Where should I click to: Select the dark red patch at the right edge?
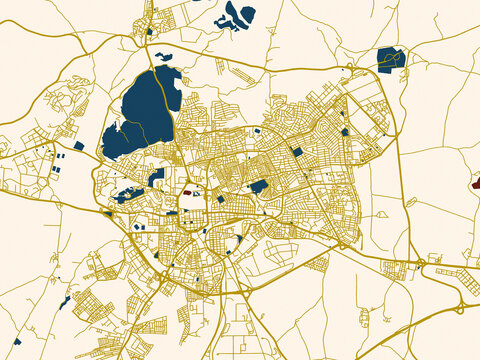click(x=475, y=183)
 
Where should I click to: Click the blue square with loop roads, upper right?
click(x=390, y=58)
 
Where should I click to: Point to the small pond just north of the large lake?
click(x=163, y=57)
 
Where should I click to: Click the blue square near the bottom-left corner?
click(x=17, y=341)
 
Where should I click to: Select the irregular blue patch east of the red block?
click(x=258, y=186)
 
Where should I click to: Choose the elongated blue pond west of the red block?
click(x=130, y=194)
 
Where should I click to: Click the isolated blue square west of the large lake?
click(x=79, y=145)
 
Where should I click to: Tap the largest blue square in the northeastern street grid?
click(x=296, y=151)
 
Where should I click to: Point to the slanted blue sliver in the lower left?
click(x=64, y=302)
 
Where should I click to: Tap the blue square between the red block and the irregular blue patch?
click(x=220, y=199)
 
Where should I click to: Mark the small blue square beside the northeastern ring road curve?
click(x=345, y=131)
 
